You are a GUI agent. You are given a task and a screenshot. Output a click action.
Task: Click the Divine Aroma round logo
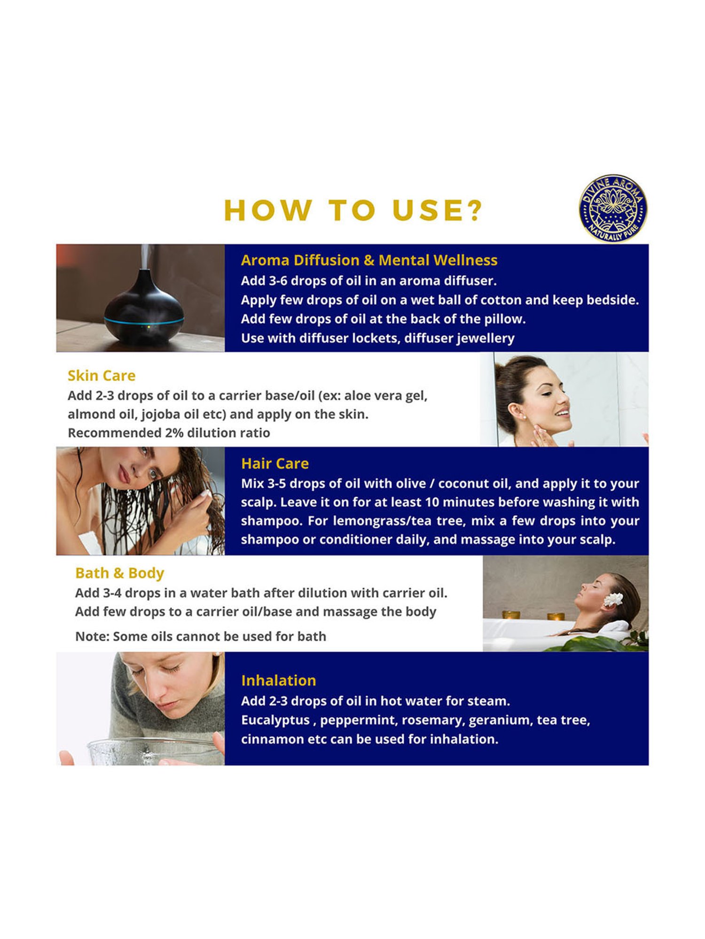(613, 208)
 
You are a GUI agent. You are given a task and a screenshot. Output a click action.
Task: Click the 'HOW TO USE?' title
(353, 210)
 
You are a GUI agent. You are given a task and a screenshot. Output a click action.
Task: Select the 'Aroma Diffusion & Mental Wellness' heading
(369, 260)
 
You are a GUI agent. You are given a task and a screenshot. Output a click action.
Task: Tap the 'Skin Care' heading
(102, 376)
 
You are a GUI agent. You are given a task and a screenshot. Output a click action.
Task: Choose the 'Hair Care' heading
(275, 463)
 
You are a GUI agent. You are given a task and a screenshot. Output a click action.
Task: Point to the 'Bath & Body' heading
(119, 573)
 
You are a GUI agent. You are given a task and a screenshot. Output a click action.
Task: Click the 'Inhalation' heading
(279, 680)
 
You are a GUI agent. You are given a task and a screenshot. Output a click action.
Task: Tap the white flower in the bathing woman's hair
(613, 599)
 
